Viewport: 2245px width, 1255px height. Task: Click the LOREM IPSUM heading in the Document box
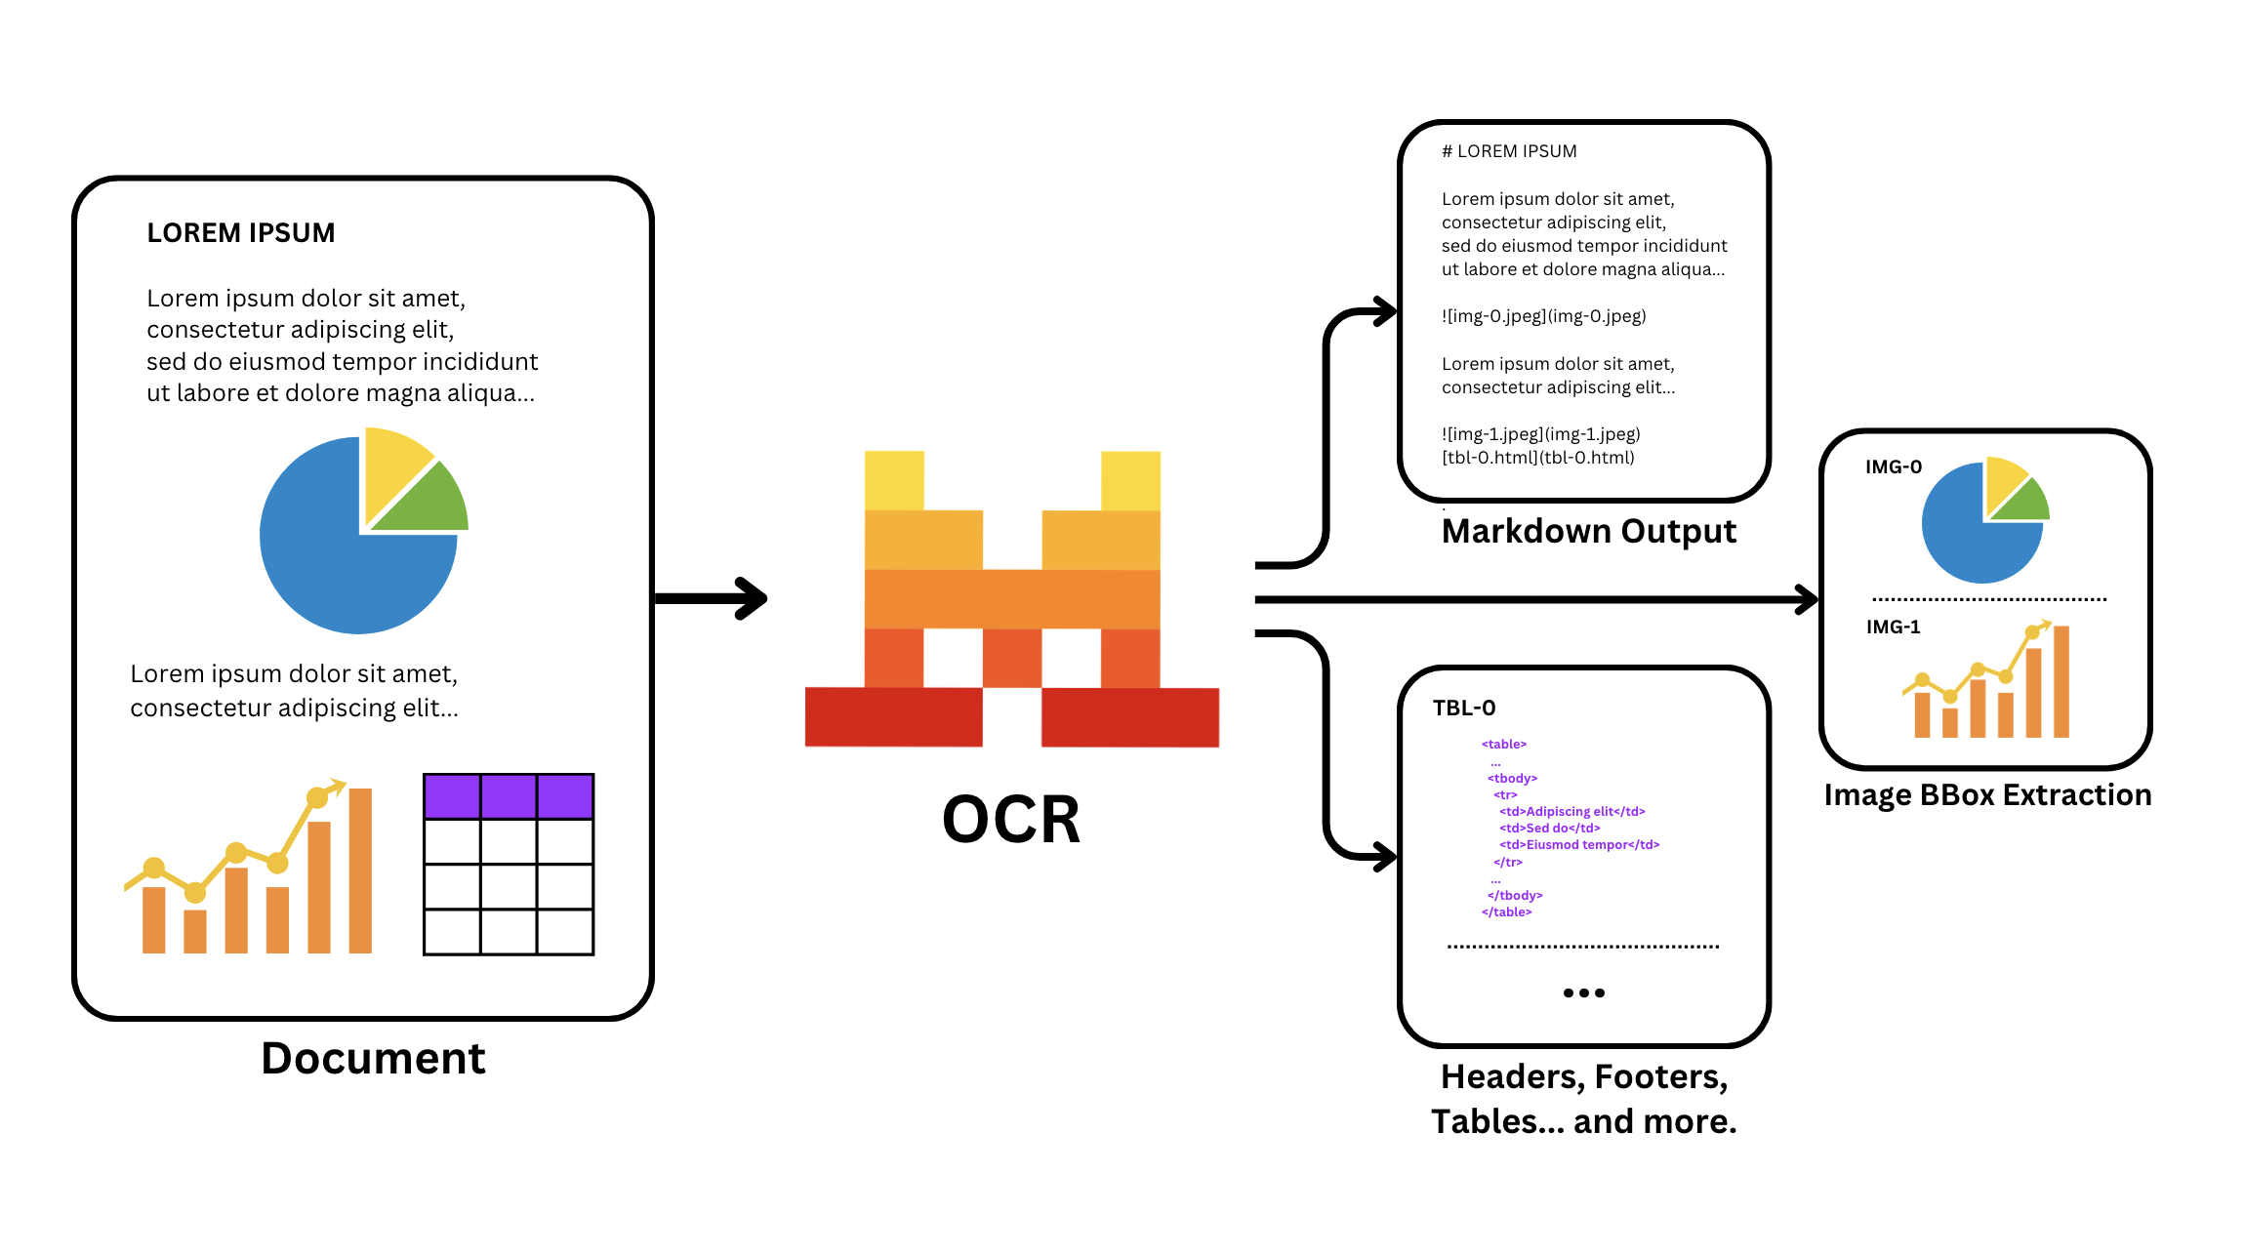[240, 233]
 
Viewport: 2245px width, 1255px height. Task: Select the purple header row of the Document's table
[508, 796]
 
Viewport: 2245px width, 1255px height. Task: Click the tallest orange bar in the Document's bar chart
[360, 870]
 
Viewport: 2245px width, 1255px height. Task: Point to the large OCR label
[1011, 820]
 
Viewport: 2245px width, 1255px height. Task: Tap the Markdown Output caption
[1588, 532]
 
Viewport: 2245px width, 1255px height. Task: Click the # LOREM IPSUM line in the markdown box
[1509, 151]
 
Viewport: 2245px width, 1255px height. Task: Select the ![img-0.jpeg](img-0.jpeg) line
[1543, 316]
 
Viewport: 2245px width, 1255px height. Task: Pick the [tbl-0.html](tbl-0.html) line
[1537, 458]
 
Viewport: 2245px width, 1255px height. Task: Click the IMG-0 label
[1893, 467]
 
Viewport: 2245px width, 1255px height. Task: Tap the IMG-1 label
[1893, 627]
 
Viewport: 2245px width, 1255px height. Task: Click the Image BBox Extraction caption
[1987, 795]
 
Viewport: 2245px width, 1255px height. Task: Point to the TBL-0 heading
[1463, 708]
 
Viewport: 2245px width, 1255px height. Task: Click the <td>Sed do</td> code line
[1549, 829]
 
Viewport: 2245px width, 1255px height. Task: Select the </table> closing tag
[1506, 912]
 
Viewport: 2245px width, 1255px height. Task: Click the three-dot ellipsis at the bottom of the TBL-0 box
[1583, 993]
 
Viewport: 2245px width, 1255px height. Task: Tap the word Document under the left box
[373, 1060]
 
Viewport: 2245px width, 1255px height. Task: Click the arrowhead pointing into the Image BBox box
[1806, 599]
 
